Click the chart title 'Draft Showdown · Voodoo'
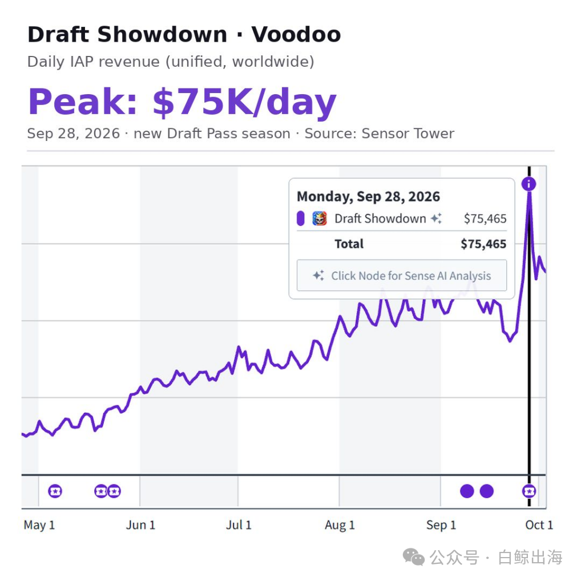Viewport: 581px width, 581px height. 184,34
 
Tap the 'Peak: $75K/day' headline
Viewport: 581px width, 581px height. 182,102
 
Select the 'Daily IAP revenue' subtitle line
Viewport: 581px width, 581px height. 171,62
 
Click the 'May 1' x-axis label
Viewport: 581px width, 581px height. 39,524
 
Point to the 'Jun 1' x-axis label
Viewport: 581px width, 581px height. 140,524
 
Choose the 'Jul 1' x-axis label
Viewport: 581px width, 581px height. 239,524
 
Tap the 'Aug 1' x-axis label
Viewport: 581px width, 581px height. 340,524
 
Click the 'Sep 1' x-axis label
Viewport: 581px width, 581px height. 441,524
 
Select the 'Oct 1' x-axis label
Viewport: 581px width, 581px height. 539,524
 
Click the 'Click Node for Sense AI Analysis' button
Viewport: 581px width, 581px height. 402,275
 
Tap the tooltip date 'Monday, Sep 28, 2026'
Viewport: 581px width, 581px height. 368,196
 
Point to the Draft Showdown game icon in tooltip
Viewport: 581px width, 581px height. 320,219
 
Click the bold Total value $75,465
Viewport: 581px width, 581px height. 483,244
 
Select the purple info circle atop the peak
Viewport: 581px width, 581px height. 528,184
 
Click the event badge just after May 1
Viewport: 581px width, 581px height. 55,491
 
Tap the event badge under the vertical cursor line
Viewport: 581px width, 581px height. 528,491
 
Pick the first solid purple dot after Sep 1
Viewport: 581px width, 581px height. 467,491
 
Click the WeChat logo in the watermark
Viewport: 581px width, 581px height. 414,557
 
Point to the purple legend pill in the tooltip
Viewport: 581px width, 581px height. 301,219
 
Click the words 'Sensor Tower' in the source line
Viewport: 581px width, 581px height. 407,134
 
